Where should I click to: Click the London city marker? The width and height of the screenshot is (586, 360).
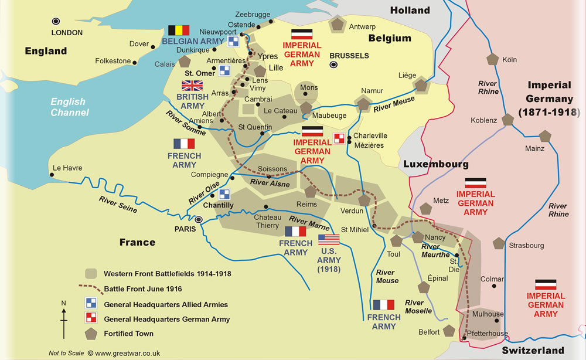56,21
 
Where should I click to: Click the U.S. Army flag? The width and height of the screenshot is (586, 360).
329,239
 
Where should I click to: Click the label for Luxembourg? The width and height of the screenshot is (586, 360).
435,165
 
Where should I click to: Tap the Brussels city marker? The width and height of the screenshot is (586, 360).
333,64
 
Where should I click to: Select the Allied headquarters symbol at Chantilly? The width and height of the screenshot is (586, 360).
224,194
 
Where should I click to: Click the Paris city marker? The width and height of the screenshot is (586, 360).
199,219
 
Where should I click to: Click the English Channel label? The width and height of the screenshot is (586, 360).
69,107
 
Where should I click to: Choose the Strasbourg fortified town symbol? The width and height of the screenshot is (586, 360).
499,243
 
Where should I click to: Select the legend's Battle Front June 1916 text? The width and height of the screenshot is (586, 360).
143,288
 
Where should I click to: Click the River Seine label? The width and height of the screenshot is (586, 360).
118,204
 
